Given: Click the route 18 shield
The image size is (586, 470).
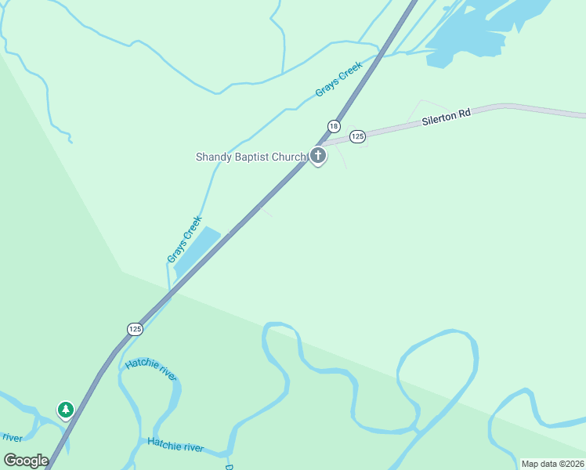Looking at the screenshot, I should [334, 126].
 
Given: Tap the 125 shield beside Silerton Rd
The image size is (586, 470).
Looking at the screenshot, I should [357, 136].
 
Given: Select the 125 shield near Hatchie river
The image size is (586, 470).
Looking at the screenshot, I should [135, 329].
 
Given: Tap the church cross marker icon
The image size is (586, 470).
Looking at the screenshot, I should [318, 156].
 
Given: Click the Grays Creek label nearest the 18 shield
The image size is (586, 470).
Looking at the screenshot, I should [338, 81].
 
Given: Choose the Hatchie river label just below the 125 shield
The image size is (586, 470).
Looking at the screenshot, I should [151, 368].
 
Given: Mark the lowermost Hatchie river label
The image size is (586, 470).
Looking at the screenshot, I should [175, 445].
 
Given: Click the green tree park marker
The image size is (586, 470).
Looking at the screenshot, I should [66, 410].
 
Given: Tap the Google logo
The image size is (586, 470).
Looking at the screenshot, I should [26, 461].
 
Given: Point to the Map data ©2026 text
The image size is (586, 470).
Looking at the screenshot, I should [552, 464].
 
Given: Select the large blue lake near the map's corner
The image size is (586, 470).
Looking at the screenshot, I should [486, 27].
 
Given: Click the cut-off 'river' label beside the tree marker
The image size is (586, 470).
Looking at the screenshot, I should [11, 437].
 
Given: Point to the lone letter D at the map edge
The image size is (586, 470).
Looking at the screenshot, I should [229, 467].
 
